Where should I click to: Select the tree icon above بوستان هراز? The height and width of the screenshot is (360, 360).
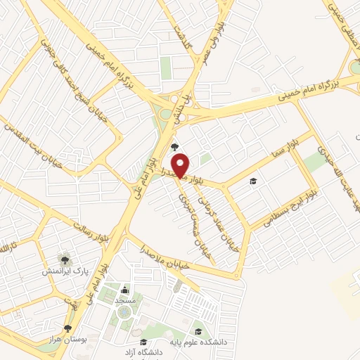coord(67,328)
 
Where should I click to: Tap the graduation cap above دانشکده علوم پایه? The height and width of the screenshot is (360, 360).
coord(199,330)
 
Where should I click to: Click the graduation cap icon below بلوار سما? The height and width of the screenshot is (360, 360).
coord(252,181)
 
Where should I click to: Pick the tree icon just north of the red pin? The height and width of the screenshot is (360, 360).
coord(174,146)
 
